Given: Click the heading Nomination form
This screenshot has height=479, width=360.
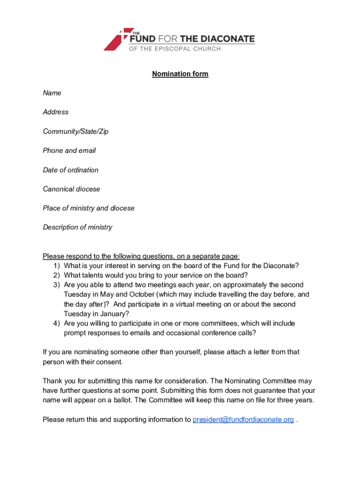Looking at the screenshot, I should [180, 74].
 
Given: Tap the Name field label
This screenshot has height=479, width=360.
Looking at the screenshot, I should [52, 93].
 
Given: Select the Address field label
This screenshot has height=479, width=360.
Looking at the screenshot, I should [56, 112].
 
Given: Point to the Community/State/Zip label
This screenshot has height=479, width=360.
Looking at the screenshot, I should [76, 131].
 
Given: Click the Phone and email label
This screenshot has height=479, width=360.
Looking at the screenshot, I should [69, 151].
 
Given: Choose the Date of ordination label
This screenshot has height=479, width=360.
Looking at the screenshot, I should [71, 170].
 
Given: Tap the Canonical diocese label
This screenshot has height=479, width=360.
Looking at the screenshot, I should [72, 189].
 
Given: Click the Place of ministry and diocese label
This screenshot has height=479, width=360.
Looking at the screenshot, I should [88, 208].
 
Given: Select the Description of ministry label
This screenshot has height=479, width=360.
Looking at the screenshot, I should [78, 227].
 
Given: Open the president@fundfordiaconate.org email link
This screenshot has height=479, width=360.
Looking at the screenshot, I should [243, 420].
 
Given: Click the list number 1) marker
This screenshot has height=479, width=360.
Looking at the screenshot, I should [56, 266].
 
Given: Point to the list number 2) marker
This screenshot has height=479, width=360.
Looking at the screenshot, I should [56, 275].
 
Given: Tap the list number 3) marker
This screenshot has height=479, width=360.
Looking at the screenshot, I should [56, 285].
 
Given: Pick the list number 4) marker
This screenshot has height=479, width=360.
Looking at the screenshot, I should [56, 323].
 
